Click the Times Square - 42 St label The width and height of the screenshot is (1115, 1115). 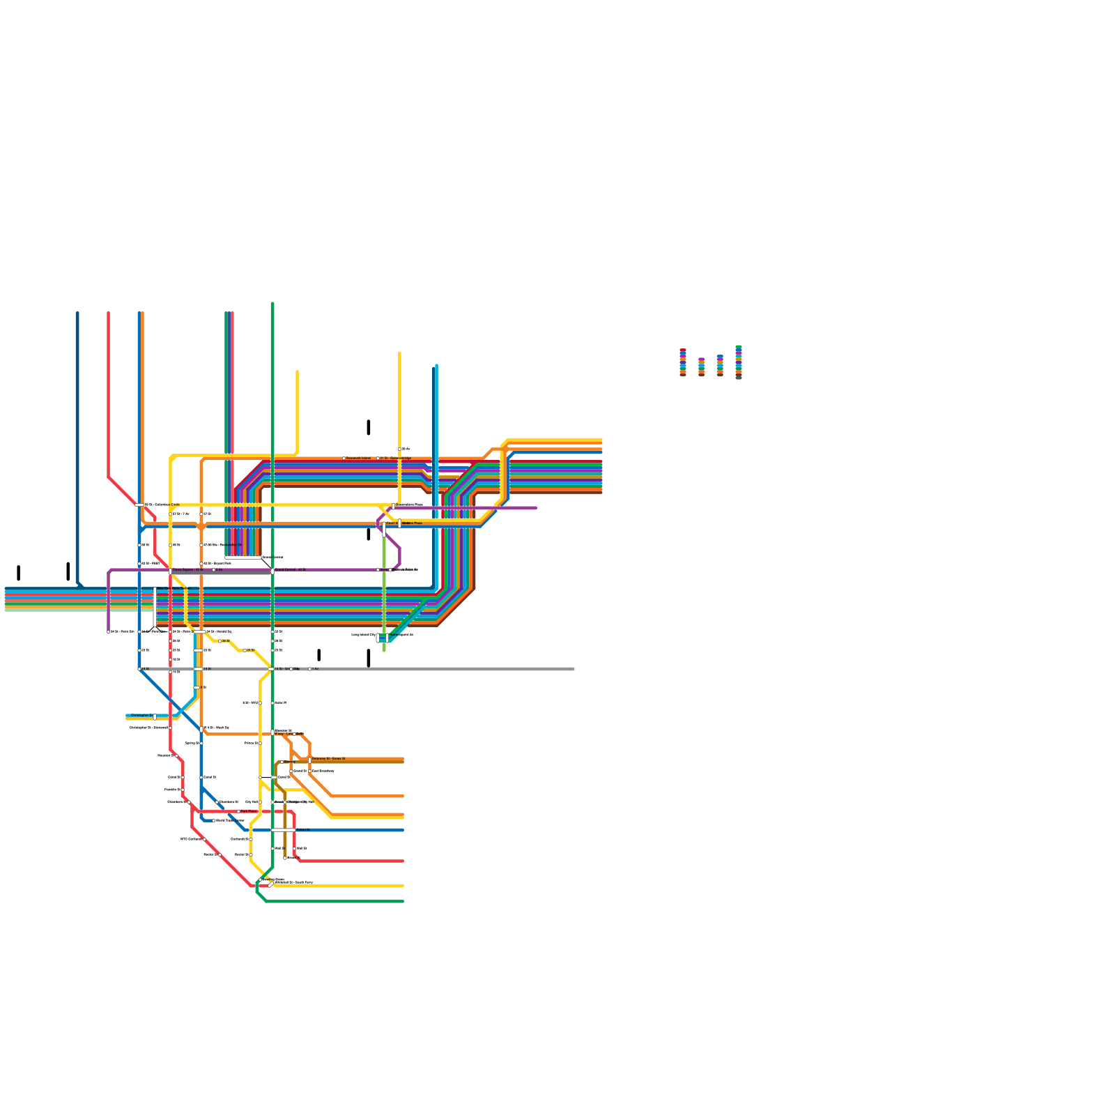click(188, 570)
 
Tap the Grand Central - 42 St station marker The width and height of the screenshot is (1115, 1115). click(272, 571)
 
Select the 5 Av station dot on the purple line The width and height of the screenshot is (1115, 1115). click(214, 570)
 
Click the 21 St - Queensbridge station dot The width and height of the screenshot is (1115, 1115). click(378, 459)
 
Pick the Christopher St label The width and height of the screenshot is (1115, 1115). click(141, 716)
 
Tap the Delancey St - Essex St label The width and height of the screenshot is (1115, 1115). click(328, 758)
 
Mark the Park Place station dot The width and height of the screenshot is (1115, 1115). click(239, 812)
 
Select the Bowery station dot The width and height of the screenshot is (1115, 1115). click(282, 762)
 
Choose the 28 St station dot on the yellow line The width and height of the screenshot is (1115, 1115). click(220, 641)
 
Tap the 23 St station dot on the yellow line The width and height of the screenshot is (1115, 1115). click(245, 650)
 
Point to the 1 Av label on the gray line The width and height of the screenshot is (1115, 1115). click(315, 669)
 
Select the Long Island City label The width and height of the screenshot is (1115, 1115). click(363, 635)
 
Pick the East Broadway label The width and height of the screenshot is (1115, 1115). click(323, 771)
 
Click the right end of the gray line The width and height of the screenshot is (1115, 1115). click(574, 669)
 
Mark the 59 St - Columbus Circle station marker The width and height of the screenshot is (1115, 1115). click(139, 505)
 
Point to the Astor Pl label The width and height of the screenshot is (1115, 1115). click(280, 702)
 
